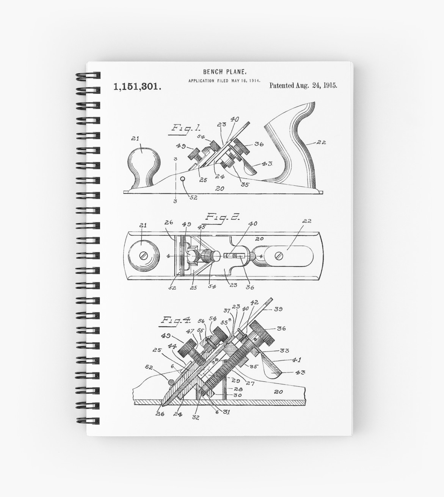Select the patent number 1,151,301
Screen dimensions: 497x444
[x=137, y=87]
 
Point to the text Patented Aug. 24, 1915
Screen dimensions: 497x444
[x=303, y=85]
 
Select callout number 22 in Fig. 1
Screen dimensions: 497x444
[x=321, y=143]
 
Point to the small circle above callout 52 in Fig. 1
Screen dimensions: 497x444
[x=183, y=179]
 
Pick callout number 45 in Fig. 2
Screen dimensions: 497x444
[x=201, y=227]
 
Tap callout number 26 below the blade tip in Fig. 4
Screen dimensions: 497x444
[x=160, y=414]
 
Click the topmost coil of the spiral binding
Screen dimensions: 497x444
[x=88, y=76]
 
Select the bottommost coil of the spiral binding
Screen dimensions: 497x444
[x=88, y=421]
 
